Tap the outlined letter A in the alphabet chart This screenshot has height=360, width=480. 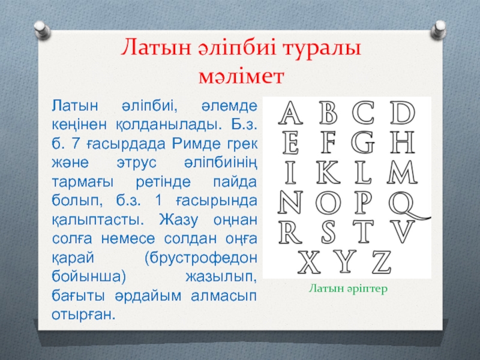[x=290, y=113]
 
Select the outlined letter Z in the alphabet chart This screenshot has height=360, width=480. [x=382, y=262]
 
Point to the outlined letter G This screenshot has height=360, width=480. [x=363, y=142]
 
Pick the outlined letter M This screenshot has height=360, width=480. [x=402, y=172]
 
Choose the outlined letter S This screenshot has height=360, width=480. [x=328, y=232]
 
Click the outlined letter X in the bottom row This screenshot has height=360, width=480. [x=309, y=262]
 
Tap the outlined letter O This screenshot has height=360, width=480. [x=328, y=202]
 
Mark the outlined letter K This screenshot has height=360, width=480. [x=328, y=172]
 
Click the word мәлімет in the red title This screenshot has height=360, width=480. [x=241, y=77]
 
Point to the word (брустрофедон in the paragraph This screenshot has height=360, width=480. [x=201, y=259]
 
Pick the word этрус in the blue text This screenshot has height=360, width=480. [x=137, y=163]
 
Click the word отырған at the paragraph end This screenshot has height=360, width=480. [x=83, y=314]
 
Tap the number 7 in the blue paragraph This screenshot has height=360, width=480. [x=75, y=144]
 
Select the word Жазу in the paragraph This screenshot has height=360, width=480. [x=178, y=220]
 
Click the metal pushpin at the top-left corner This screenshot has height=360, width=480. [x=43, y=30]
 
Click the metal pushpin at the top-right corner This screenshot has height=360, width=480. [x=438, y=30]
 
